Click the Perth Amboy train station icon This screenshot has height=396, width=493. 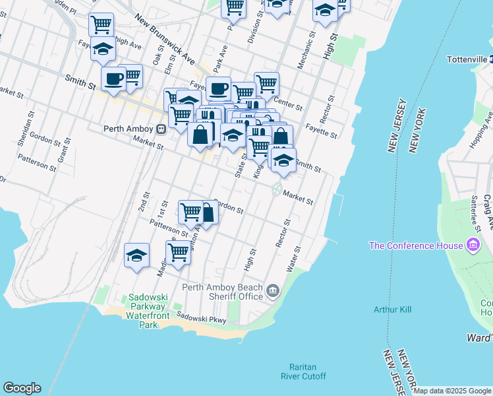[x=160, y=129]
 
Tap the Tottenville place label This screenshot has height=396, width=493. [x=465, y=59]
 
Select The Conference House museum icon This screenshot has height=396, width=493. [x=473, y=246]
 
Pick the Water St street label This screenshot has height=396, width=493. [x=293, y=259]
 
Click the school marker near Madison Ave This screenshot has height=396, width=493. [x=136, y=255]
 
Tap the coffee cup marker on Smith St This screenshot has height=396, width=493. [x=113, y=79]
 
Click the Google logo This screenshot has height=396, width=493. [x=22, y=388]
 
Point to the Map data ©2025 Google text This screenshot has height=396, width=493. [x=452, y=391]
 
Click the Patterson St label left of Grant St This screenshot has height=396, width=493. [x=36, y=162]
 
